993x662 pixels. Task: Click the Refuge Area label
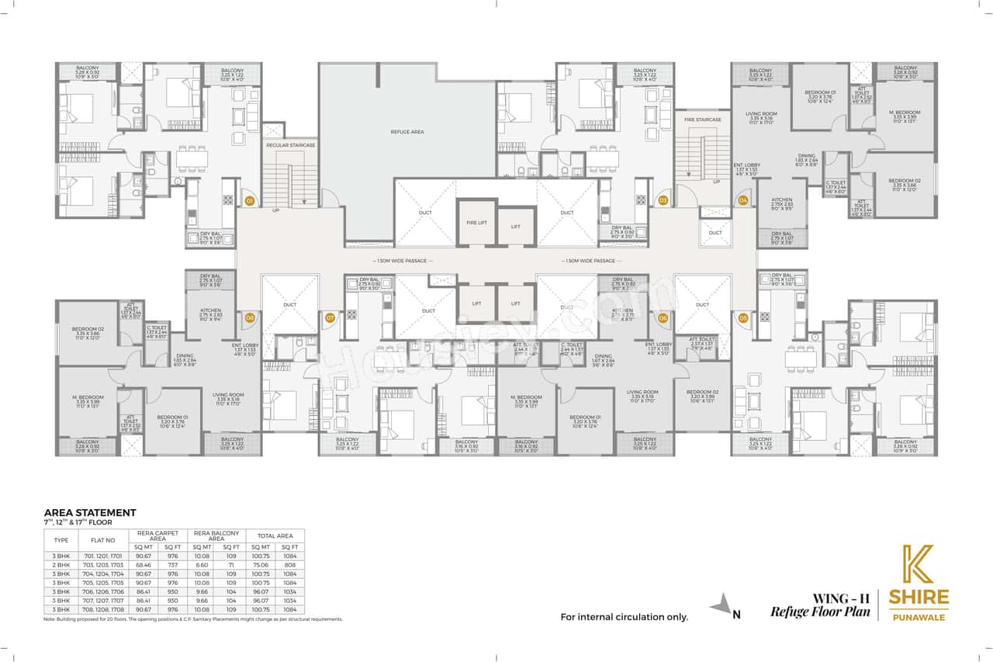[x=407, y=133]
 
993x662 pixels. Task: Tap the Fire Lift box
[x=476, y=223]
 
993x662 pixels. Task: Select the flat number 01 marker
[x=250, y=201]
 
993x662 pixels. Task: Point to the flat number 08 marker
[x=250, y=317]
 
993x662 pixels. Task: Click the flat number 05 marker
[x=743, y=317]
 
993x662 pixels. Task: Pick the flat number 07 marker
[x=330, y=317]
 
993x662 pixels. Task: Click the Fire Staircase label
[x=703, y=120]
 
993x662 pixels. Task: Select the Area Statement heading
[x=90, y=512]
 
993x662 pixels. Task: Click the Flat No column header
[x=105, y=540]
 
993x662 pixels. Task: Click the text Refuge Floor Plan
[x=820, y=612]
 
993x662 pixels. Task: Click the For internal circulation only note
[x=625, y=618]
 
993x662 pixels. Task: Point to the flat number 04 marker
[x=743, y=201]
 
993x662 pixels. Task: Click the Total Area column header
[x=275, y=535]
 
